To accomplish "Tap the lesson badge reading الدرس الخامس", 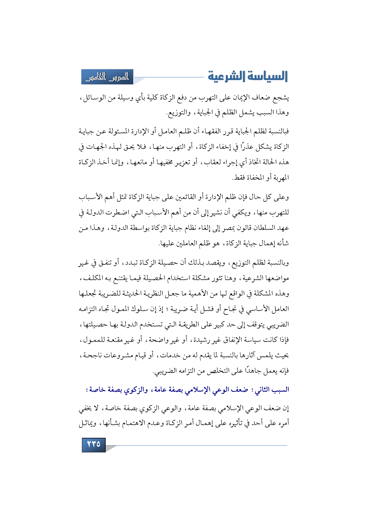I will (107, 77).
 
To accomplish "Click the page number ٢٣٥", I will (93, 444).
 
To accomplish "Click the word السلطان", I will (261, 228).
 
